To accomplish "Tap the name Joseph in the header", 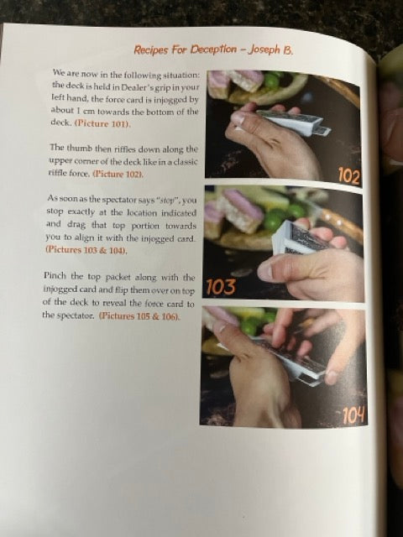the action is coord(264,50).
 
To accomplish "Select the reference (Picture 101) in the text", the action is coord(102,123).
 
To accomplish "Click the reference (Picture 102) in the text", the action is coord(118,174).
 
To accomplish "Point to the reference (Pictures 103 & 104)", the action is coord(86,250).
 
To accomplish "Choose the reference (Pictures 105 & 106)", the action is coord(139,315).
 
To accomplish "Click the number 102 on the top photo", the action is coord(349,176).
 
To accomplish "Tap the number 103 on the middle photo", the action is coord(221,287).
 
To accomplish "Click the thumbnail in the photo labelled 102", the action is coord(238,118).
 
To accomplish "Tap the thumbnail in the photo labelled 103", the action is coord(265,272).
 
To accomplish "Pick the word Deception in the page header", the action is coord(213,50).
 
